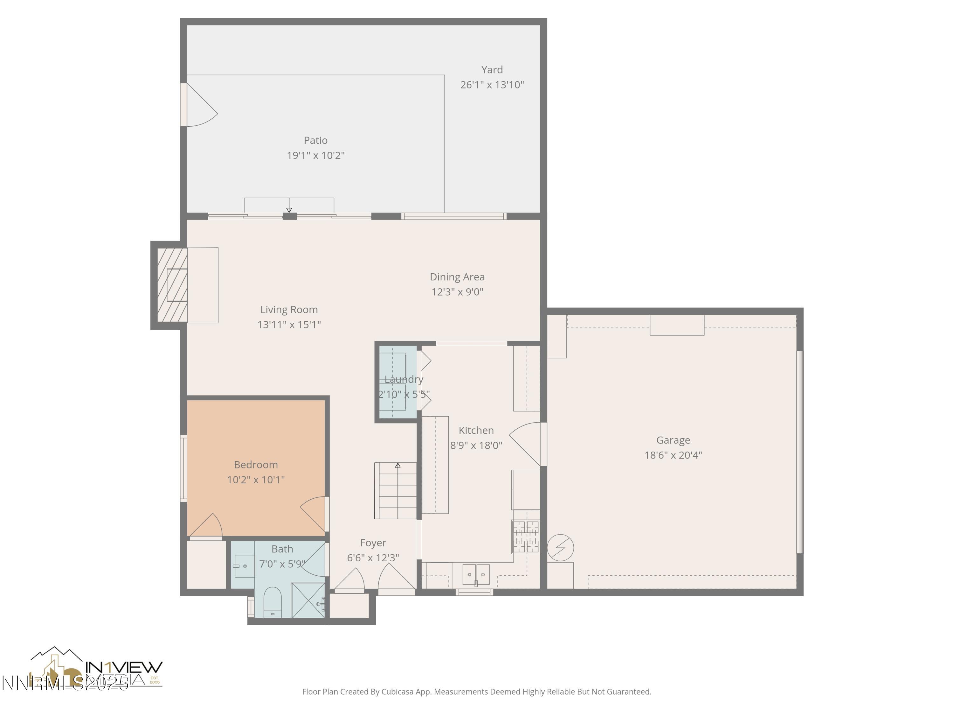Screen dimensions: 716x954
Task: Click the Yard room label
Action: [x=492, y=69]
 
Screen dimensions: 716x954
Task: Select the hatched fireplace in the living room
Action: [x=172, y=285]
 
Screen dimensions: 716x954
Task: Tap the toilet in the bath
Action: [x=272, y=602]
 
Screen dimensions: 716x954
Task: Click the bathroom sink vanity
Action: [x=244, y=566]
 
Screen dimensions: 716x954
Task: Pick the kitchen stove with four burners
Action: [x=525, y=537]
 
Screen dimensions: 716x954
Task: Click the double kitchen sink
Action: [x=476, y=574]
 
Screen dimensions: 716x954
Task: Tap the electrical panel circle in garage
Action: [x=560, y=548]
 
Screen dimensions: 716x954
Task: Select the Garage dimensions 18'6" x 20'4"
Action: [x=673, y=455]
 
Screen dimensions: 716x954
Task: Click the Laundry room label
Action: [x=404, y=379]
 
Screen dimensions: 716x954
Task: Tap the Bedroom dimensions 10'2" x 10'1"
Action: [x=256, y=480]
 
